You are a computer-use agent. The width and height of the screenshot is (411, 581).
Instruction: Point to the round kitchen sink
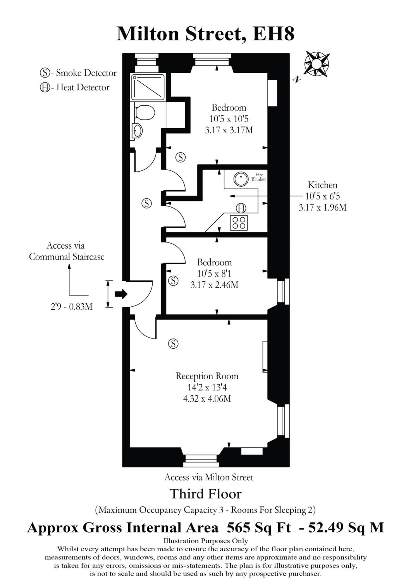(241, 179)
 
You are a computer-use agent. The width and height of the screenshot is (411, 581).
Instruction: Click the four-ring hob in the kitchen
(239, 223)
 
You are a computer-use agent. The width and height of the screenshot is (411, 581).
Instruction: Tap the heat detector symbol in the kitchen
(241, 208)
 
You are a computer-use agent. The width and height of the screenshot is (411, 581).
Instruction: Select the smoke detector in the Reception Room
(173, 344)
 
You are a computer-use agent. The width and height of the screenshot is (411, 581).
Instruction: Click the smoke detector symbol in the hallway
(147, 204)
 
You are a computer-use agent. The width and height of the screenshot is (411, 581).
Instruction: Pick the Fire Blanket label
(258, 177)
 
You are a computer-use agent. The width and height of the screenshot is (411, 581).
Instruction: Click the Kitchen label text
(322, 185)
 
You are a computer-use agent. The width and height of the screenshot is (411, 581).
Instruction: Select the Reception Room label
(207, 376)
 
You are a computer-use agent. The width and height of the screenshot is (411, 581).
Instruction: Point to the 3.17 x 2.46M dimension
(214, 285)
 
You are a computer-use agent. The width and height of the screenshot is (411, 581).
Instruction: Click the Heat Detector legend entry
(75, 88)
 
